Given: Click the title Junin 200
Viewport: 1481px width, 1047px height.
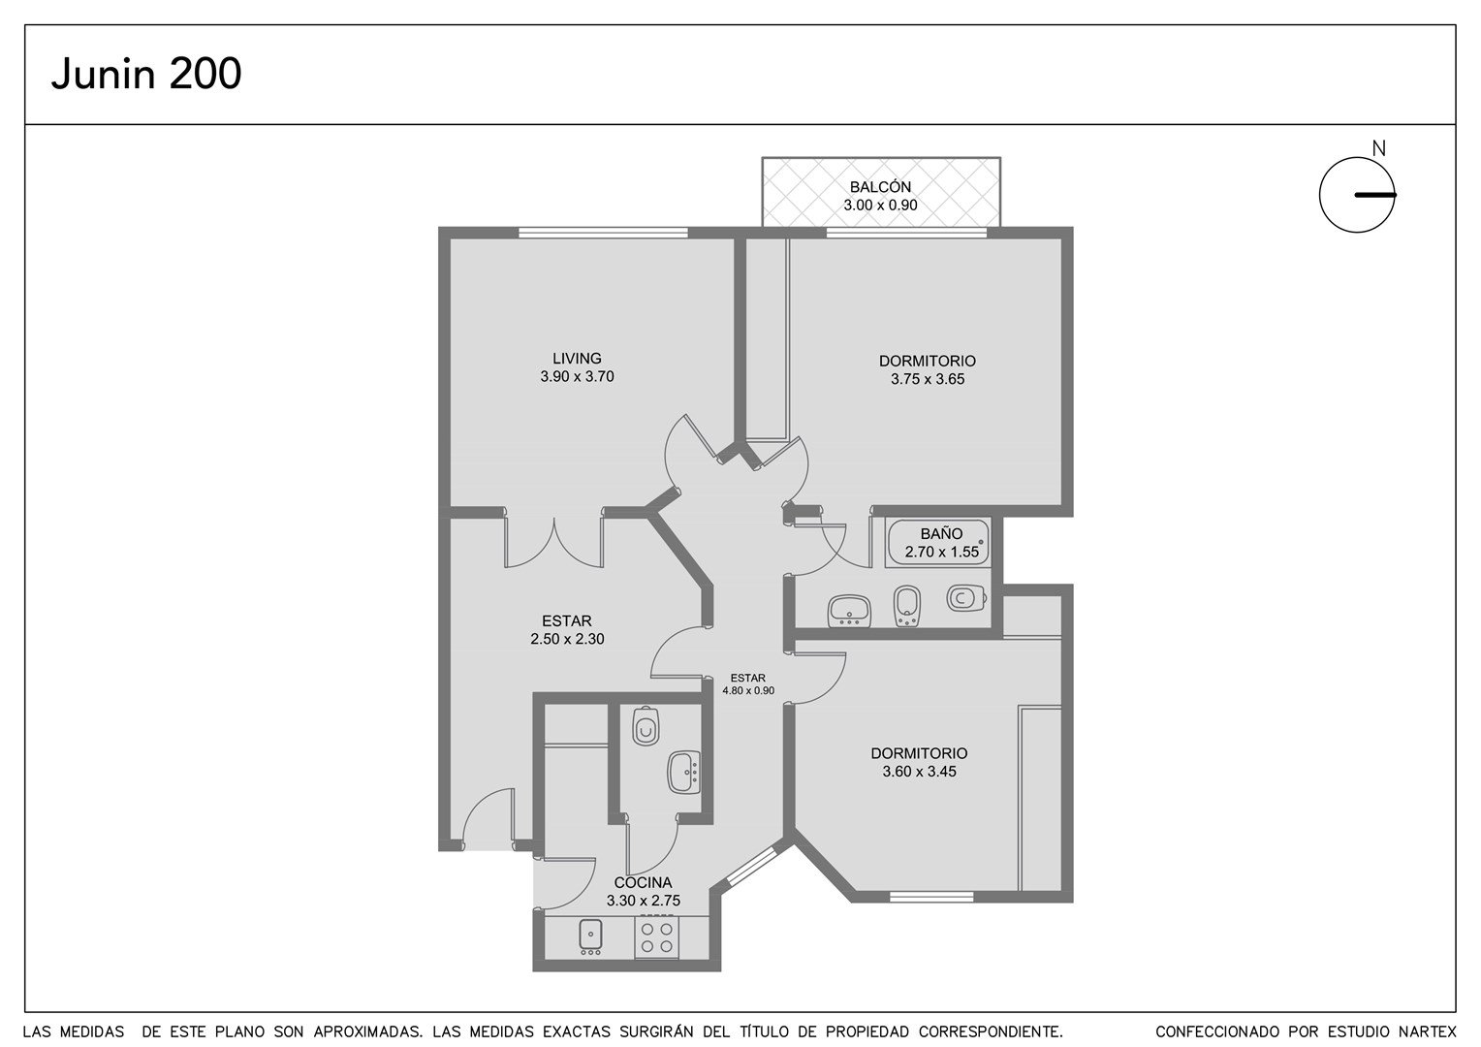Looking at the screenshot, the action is pos(146,74).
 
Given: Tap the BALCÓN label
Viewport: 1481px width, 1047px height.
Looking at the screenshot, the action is pos(880,187).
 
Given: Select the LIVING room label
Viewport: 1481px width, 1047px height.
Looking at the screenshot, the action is pos(577,359).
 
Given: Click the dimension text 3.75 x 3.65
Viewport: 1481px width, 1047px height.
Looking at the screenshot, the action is pos(927,380).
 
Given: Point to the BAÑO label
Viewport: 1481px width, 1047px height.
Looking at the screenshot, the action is pos(941,534).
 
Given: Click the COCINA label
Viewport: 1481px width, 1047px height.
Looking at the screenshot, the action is pos(643,882).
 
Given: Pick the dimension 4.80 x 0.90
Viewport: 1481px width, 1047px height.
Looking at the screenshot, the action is pos(748,690).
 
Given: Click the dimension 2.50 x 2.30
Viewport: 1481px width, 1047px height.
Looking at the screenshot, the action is pos(567,639).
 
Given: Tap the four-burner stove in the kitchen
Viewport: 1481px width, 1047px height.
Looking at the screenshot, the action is pos(656,937).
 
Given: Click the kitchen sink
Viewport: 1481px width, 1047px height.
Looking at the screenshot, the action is pos(590,936).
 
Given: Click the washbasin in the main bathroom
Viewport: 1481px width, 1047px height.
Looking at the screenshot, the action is pos(849,611).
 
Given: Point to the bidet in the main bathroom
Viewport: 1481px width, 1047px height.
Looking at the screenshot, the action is pos(906,606).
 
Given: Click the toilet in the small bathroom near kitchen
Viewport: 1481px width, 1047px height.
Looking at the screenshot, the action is pos(646,726).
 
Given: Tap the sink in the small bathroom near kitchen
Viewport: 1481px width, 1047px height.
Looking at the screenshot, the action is pos(684,772).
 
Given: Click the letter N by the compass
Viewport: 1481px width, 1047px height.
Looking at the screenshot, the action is pos(1378,149).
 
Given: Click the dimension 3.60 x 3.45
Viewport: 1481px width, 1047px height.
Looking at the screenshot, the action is pos(919,772).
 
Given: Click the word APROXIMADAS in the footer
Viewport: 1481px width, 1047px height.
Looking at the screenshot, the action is pos(368,1031).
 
